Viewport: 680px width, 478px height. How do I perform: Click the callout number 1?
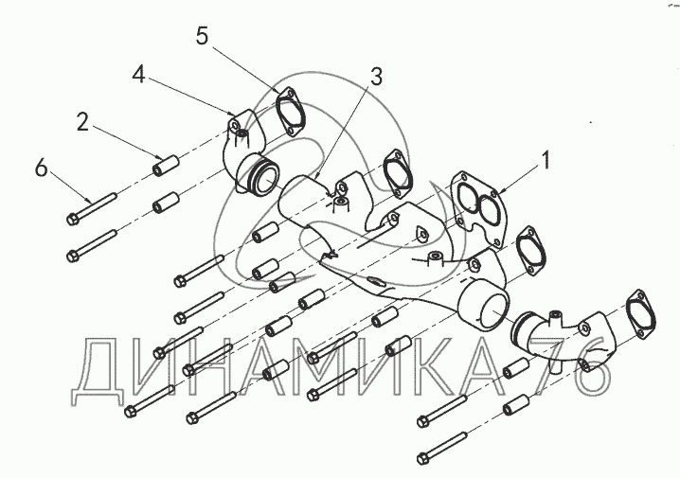click(x=546, y=160)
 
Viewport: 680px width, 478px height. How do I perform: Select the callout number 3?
click(x=376, y=77)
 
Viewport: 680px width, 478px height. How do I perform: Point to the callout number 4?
click(x=139, y=75)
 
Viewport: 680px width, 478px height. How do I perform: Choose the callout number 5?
click(x=202, y=36)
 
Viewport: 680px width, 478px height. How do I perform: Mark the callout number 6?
click(x=42, y=168)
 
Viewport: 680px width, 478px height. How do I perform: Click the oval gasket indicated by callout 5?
click(x=291, y=114)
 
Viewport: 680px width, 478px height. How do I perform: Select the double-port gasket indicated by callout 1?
click(x=477, y=209)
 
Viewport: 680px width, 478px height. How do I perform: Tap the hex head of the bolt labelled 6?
click(x=72, y=220)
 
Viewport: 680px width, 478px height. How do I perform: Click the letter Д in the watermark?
click(x=98, y=371)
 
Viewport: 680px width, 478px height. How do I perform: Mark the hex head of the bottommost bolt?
click(x=422, y=458)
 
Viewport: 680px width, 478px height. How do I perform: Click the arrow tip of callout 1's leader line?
click(x=499, y=193)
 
